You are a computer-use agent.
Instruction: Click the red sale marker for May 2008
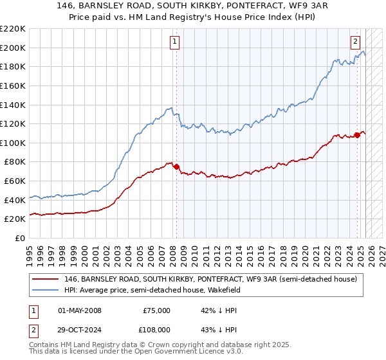176,166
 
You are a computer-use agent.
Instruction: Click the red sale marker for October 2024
357,135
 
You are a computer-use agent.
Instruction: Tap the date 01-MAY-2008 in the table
80,310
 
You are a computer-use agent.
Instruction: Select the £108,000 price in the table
156,332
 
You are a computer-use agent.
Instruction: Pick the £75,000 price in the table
156,310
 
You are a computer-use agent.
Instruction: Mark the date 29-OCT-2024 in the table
80,332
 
